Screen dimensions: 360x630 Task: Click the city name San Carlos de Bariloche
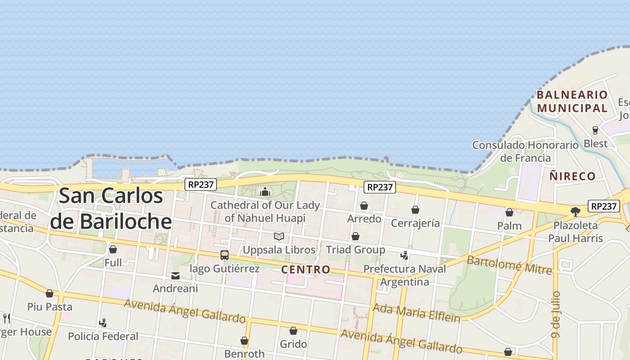pyautogui.click(x=111, y=208)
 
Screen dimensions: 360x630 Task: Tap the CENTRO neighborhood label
pyautogui.click(x=306, y=270)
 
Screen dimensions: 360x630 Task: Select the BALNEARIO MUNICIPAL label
pyautogui.click(x=572, y=101)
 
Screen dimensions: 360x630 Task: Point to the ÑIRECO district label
pyautogui.click(x=572, y=176)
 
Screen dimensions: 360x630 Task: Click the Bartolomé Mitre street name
pyautogui.click(x=509, y=265)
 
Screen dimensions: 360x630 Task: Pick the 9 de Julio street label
pyautogui.click(x=556, y=314)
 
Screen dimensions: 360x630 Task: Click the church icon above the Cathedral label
pyautogui.click(x=265, y=192)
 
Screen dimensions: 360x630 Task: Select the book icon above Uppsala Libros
pyautogui.click(x=279, y=236)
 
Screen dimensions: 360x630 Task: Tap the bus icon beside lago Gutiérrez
pyautogui.click(x=224, y=255)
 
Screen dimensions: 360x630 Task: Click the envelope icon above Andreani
pyautogui.click(x=175, y=275)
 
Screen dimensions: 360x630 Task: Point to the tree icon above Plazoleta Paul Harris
pyautogui.click(x=575, y=211)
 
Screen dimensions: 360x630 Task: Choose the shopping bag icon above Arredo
pyautogui.click(x=364, y=206)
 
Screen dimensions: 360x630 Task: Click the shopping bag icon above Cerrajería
pyautogui.click(x=415, y=210)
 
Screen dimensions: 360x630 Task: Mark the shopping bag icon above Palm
pyautogui.click(x=509, y=212)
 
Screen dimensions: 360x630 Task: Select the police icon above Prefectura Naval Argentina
pyautogui.click(x=405, y=255)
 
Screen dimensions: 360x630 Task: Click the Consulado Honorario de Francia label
pyautogui.click(x=525, y=151)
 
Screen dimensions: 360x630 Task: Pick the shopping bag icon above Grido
pyautogui.click(x=293, y=331)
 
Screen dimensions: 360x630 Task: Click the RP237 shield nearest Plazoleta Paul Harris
pyautogui.click(x=603, y=206)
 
